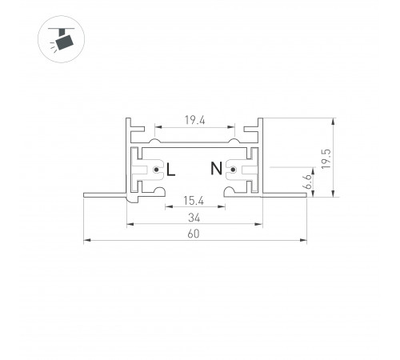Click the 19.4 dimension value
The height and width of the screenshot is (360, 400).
pyautogui.click(x=195, y=120)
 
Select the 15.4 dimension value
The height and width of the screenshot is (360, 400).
pyautogui.click(x=194, y=201)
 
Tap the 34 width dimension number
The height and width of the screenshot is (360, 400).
pyautogui.click(x=194, y=218)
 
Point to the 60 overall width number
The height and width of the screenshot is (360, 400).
pyautogui.click(x=194, y=234)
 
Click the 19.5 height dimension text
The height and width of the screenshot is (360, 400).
pyautogui.click(x=326, y=158)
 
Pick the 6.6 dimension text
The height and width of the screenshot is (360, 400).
pyautogui.click(x=309, y=182)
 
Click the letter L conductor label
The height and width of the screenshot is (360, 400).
pyautogui.click(x=170, y=170)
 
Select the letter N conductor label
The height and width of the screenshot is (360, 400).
pyautogui.click(x=216, y=168)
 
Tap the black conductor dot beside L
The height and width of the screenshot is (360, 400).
pyautogui.click(x=156, y=170)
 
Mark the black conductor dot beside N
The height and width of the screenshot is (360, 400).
pyautogui.click(x=233, y=170)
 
